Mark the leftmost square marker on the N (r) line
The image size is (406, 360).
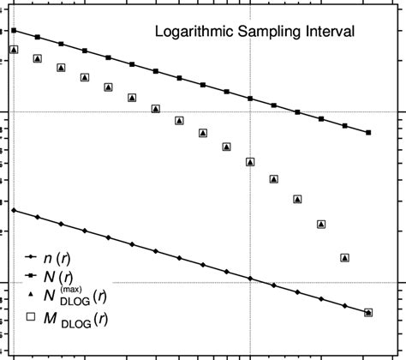14,31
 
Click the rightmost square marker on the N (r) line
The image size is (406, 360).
368,133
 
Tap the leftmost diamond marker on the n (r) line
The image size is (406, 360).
14,210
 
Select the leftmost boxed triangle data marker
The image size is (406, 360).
14,50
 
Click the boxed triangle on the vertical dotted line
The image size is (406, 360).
250,161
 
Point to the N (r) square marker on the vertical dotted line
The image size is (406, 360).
250,99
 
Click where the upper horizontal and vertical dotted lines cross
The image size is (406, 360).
250,112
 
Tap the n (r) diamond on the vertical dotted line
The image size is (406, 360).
250,279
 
